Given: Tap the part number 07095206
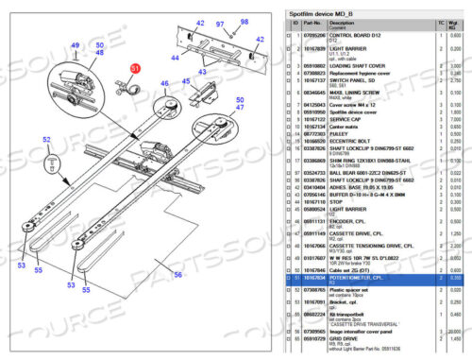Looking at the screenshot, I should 310,35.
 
